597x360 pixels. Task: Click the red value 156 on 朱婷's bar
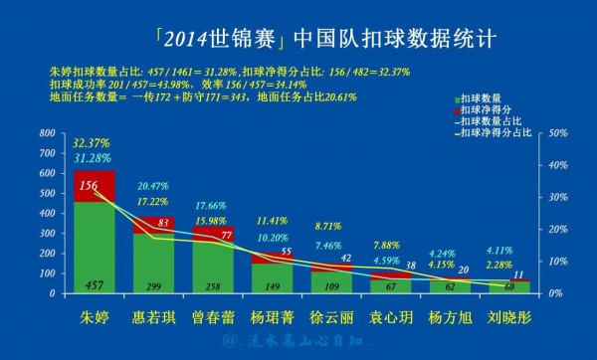pos(88,185)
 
